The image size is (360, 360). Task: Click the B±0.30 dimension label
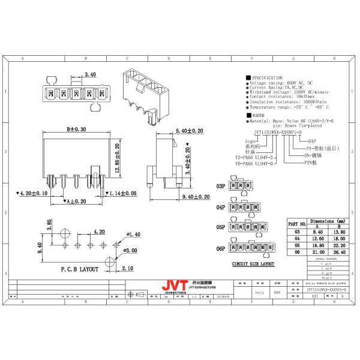pyautogui.click(x=76, y=129)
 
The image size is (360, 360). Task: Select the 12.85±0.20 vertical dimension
pyautogui.click(x=117, y=157)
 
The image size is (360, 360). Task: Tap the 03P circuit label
pyautogui.click(x=221, y=187)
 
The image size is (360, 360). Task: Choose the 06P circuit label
pyautogui.click(x=221, y=248)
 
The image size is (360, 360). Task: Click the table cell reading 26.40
pyautogui.click(x=339, y=252)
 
